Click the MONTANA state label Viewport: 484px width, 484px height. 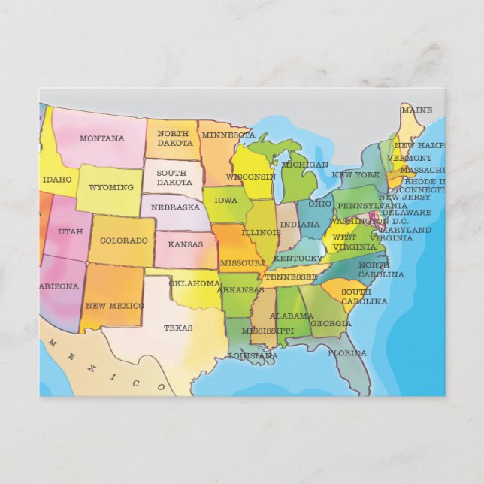[x=101, y=138]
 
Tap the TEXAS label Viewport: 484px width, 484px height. [x=178, y=328]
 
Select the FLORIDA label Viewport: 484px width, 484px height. [x=346, y=352]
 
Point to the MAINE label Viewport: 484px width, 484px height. [x=416, y=110]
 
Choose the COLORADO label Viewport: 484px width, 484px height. [x=124, y=240]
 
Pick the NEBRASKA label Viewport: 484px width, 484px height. [x=175, y=207]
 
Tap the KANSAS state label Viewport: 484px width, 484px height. [x=185, y=244]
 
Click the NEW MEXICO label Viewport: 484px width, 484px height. [x=114, y=306]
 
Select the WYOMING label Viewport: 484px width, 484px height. [x=110, y=187]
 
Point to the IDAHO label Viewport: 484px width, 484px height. [x=57, y=180]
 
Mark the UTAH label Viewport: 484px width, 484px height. [x=70, y=231]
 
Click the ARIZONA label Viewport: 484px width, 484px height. [x=59, y=286]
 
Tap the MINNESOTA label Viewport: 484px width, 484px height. [x=228, y=135]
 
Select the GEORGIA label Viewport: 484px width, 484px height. [x=331, y=324]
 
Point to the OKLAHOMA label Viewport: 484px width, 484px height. [x=194, y=283]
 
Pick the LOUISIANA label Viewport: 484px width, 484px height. [x=253, y=355]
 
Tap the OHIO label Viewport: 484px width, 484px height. [x=319, y=204]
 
